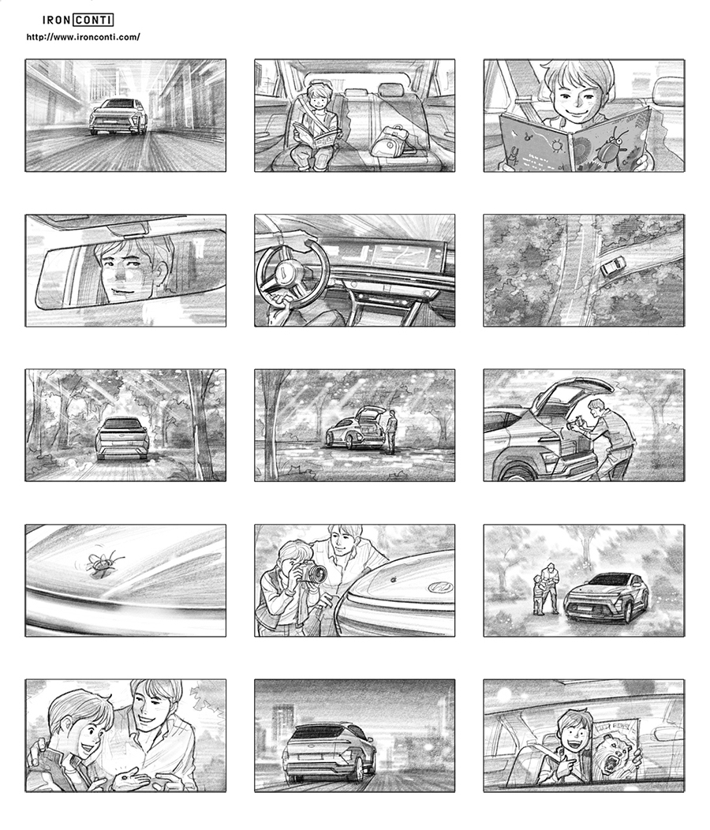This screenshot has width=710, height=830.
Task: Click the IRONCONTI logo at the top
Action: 78,20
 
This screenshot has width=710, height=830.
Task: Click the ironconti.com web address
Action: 83,37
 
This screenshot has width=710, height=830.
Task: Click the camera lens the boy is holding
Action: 316,573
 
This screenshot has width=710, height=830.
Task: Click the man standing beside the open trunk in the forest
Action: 392,432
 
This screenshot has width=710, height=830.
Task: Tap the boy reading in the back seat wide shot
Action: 316,126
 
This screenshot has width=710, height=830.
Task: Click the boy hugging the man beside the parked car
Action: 539,594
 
